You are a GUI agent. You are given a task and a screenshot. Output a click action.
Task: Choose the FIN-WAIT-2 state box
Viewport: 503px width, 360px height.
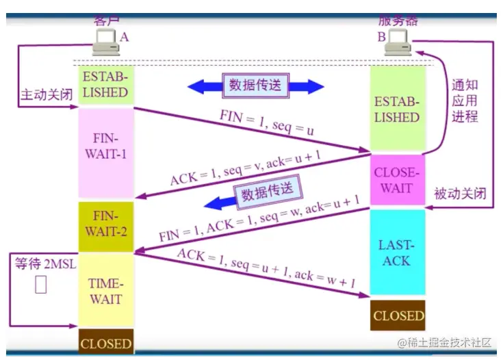coord(105,224)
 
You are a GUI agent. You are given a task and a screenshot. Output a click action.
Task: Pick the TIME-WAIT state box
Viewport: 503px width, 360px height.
coord(105,291)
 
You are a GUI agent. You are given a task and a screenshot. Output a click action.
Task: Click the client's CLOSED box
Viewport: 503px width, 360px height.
coord(105,342)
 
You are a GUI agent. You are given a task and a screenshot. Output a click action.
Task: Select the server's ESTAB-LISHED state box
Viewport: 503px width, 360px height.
coord(397,110)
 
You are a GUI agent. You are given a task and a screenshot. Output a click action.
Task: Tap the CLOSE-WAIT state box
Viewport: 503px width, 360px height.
coord(397,180)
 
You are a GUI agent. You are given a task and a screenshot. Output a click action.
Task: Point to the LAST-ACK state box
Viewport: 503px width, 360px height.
coord(397,253)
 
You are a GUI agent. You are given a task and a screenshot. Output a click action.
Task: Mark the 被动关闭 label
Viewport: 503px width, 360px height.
coord(460,194)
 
